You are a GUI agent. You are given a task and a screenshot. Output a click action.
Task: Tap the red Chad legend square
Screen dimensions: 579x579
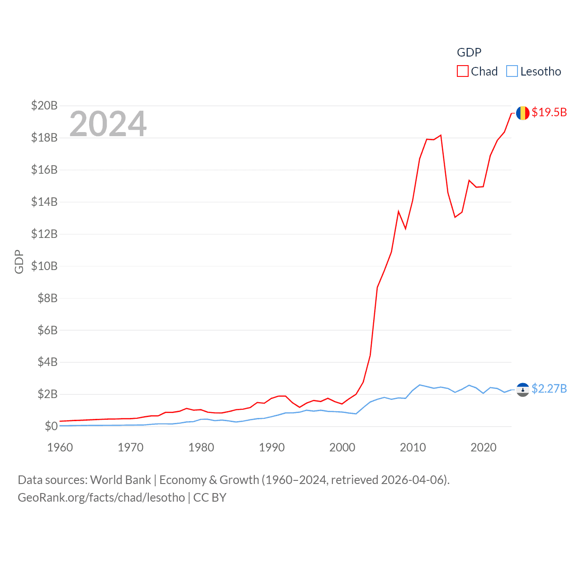463,71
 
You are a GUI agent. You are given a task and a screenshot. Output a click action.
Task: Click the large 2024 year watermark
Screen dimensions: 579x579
108,123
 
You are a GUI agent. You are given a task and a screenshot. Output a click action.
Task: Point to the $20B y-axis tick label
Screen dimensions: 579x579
44,106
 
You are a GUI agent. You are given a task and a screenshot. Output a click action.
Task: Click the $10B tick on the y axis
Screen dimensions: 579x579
44,266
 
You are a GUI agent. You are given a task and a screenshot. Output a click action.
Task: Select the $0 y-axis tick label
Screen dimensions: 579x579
51,426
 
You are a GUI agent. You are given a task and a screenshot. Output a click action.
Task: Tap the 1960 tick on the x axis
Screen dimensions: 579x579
60,447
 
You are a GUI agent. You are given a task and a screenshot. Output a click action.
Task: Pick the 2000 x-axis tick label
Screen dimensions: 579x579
342,447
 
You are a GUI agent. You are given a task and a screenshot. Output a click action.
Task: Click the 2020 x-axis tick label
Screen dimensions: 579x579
484,447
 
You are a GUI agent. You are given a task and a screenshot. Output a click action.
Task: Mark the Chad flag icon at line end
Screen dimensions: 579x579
523,113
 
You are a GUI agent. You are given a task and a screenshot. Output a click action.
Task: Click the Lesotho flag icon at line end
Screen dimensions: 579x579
523,389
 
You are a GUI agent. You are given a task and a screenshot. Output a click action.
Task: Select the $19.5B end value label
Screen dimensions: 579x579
549,112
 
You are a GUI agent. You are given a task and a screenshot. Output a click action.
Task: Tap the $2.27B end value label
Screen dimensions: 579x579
549,389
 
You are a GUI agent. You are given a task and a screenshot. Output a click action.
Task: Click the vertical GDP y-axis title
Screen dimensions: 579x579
19,261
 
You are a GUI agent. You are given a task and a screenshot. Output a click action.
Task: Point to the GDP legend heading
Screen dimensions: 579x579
469,52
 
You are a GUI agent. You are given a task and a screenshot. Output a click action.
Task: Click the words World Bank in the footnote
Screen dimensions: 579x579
121,480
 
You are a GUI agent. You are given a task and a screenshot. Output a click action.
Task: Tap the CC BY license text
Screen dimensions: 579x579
210,498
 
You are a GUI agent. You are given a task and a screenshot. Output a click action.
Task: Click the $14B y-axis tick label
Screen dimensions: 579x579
44,202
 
